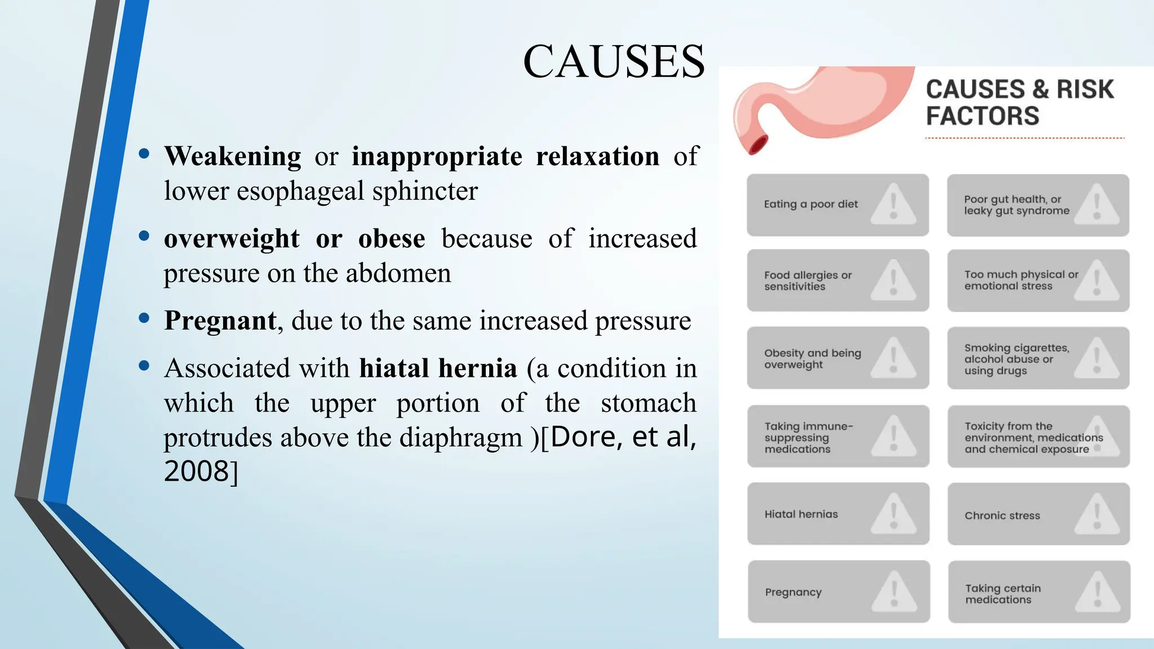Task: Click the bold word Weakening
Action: [x=233, y=156]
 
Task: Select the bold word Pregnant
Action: [x=220, y=321]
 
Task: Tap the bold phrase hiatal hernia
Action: [x=438, y=368]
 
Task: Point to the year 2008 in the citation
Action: [x=197, y=471]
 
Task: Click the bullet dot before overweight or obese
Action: [x=144, y=236]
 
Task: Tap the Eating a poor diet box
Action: [x=837, y=205]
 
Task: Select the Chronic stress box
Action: [x=1038, y=514]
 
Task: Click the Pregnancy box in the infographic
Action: [x=838, y=592]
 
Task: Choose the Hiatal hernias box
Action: [x=838, y=514]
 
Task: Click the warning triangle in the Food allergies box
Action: [x=893, y=280]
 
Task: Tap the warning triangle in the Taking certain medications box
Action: [x=1097, y=592]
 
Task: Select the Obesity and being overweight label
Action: [x=812, y=359]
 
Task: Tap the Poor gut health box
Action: [x=1038, y=205]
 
